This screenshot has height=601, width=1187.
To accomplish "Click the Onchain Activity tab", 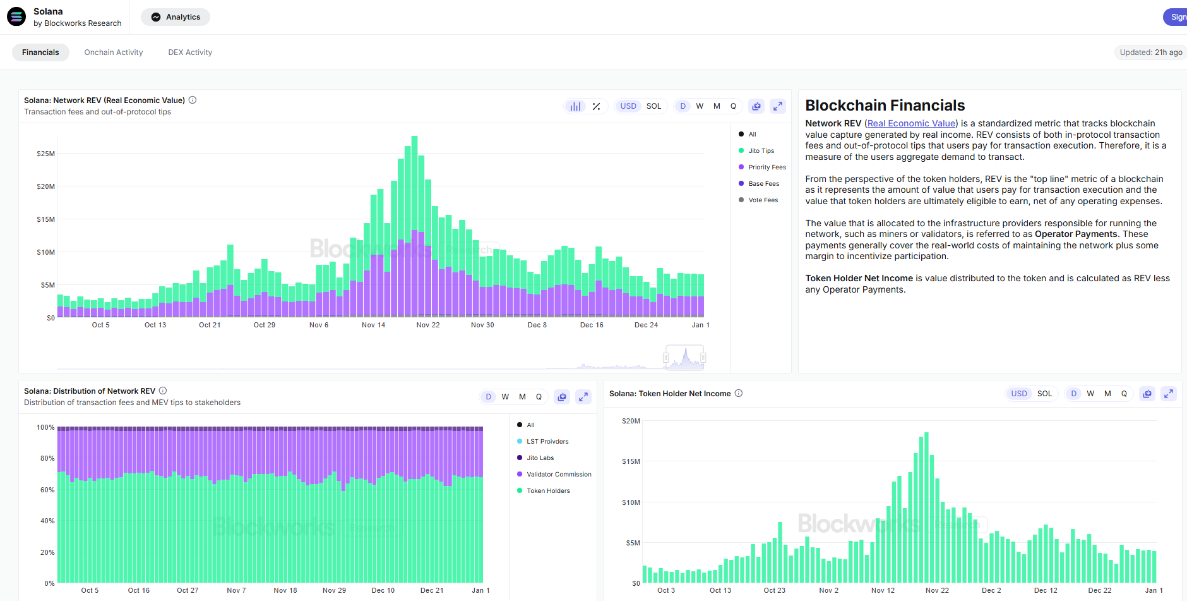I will [x=114, y=52].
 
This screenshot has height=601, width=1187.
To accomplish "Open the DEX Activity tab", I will [x=190, y=52].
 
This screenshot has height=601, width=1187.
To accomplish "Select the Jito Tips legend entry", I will [x=761, y=151].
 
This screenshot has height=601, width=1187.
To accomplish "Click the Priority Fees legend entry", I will [x=766, y=167].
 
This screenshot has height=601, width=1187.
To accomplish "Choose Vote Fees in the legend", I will [x=763, y=200].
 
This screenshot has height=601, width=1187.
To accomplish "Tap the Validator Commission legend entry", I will [x=558, y=475].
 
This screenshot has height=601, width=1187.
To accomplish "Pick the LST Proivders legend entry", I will [x=547, y=442].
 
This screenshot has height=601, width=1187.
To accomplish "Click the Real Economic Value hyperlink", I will [x=911, y=124].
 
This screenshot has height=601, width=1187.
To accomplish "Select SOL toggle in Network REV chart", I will [x=653, y=106].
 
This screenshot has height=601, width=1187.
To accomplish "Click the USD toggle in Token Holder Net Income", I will [x=1018, y=394].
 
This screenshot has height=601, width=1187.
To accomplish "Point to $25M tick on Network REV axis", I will [x=46, y=154].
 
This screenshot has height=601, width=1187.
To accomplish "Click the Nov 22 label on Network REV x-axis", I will [x=428, y=325].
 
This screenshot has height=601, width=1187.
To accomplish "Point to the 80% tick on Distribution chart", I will [x=47, y=459].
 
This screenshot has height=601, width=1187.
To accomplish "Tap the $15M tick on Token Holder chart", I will [x=631, y=462].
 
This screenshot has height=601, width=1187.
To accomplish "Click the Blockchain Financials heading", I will [x=885, y=106].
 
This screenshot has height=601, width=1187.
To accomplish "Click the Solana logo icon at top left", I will [x=16, y=17].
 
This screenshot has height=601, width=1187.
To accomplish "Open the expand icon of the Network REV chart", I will [x=778, y=106].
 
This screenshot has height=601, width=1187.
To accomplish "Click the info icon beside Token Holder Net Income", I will [x=739, y=394].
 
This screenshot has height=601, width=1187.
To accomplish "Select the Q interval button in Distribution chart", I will [x=539, y=397].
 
